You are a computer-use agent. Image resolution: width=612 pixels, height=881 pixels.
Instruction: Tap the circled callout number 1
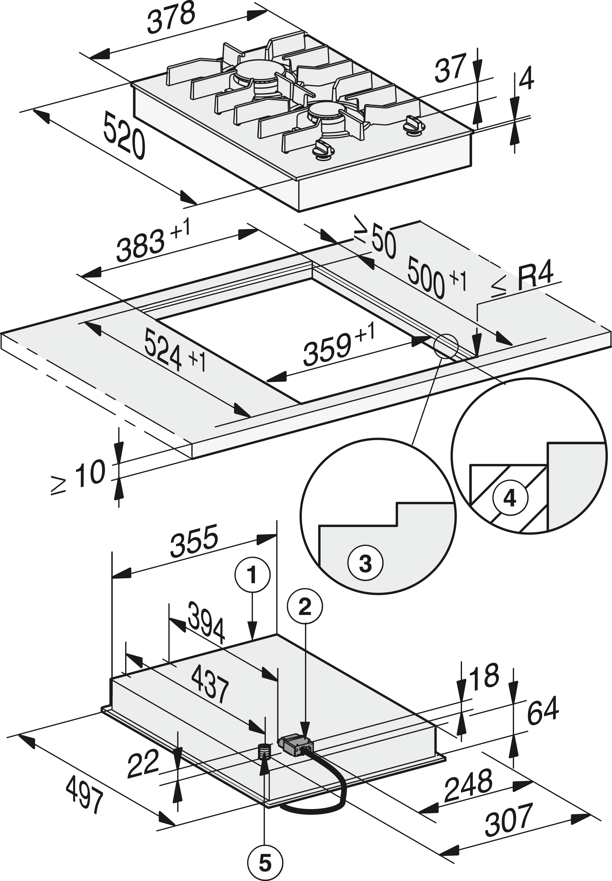252,576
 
